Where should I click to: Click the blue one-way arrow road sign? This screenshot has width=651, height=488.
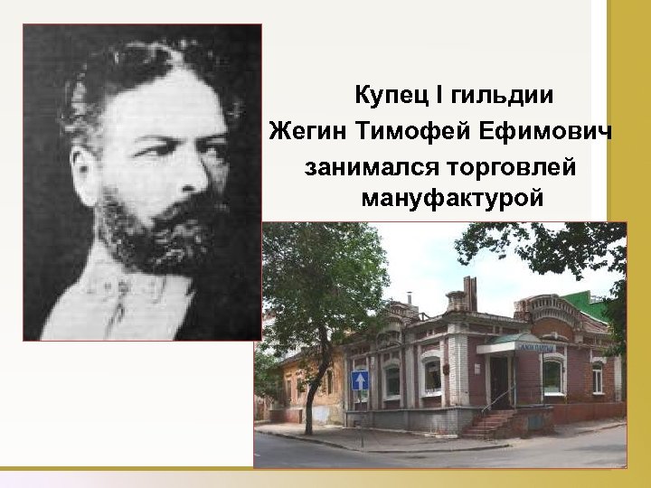pyautogui.click(x=360, y=380)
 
